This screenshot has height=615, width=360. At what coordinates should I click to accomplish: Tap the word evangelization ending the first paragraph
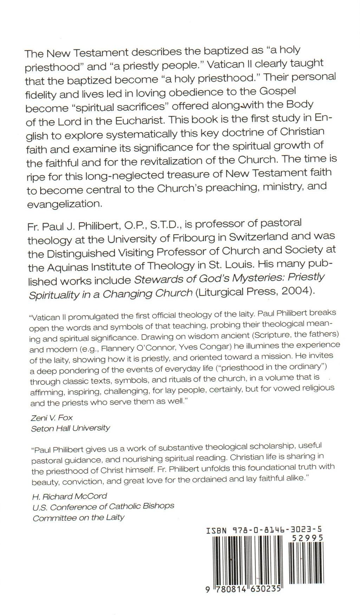point(65,204)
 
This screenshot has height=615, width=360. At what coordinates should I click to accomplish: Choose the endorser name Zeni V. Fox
point(52,417)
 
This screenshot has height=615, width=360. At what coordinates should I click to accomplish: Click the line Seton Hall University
point(70,428)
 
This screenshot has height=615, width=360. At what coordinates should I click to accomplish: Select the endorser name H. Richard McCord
point(70,496)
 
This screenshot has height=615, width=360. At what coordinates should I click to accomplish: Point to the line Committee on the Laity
point(78,518)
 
